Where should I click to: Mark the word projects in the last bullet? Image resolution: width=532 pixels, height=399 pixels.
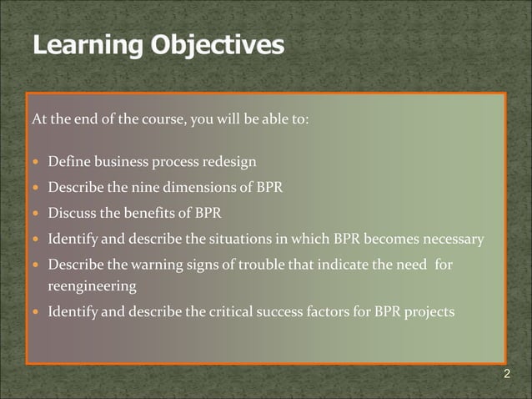coord(430,312)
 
